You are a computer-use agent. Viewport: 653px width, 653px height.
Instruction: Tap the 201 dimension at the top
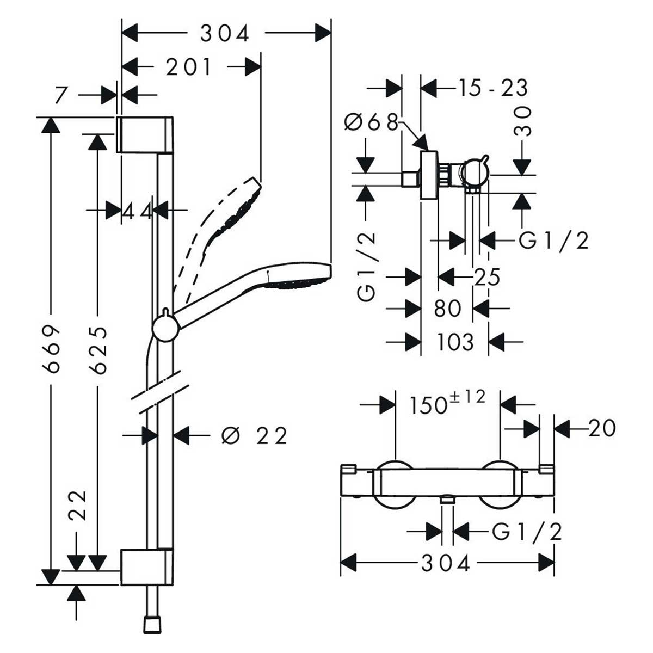pyautogui.click(x=189, y=67)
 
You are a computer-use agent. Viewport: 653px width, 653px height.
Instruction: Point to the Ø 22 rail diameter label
pyautogui.click(x=254, y=435)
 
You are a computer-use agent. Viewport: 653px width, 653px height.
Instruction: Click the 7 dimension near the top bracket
pyautogui.click(x=61, y=95)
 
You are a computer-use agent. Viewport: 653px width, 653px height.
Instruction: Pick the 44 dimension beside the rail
pyautogui.click(x=137, y=210)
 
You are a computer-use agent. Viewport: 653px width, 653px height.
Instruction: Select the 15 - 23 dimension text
pyautogui.click(x=492, y=88)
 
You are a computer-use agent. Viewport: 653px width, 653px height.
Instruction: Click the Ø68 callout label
pyautogui.click(x=371, y=122)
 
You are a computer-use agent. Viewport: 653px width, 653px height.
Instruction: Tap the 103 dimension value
pyautogui.click(x=455, y=342)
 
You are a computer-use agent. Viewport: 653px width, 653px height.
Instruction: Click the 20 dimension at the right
pyautogui.click(x=602, y=428)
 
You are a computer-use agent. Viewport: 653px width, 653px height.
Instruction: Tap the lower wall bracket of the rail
pyautogui.click(x=147, y=568)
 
